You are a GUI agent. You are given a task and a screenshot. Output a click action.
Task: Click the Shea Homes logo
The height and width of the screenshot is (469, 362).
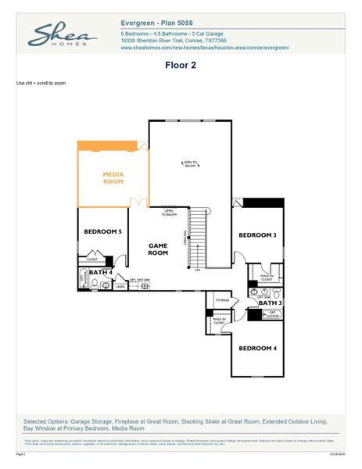point(63,36)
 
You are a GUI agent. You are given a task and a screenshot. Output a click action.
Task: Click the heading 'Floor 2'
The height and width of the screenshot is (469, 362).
point(180,66)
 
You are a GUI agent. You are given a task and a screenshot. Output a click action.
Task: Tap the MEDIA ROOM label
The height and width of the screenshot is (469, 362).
point(113,177)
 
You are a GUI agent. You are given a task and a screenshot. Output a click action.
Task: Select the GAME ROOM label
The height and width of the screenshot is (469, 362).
point(159,249)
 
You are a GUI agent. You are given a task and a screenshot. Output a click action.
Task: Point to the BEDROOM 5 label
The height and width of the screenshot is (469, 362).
point(103,232)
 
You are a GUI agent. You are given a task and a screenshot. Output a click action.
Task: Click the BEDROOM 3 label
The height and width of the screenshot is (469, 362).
point(257,235)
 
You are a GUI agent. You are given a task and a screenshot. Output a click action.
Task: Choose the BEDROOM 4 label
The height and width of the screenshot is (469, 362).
point(257,348)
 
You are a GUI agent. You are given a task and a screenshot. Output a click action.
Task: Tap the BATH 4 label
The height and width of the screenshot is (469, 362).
point(101,273)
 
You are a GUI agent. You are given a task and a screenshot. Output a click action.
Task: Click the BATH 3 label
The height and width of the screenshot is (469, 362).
point(270,302)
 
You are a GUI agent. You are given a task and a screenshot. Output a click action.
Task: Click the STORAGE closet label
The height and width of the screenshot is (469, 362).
point(222,299)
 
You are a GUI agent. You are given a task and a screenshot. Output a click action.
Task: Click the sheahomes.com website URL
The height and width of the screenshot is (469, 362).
point(205,48)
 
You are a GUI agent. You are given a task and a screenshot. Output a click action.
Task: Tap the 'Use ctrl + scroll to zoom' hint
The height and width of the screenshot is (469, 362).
point(41,82)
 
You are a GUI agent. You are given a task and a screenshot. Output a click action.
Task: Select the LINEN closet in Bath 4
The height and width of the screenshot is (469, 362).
point(120,286)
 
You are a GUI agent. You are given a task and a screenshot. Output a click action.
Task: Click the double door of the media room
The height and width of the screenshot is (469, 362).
point(139,204)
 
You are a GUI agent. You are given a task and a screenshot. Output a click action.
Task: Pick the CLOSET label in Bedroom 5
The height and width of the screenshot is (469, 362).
point(91,259)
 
